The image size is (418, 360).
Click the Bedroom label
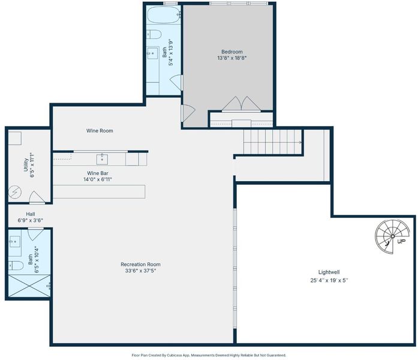click(x=232, y=52)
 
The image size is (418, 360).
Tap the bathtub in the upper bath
click(x=164, y=14)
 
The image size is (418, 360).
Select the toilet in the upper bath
click(x=154, y=34)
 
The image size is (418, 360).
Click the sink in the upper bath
click(x=152, y=53)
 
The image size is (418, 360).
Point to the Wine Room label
click(x=100, y=131)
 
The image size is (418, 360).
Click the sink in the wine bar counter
click(x=102, y=159)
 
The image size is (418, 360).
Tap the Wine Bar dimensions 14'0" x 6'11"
click(x=98, y=179)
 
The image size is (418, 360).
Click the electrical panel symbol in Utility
click(x=14, y=192)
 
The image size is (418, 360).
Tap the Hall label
click(x=31, y=214)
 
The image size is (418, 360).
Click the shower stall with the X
click(x=29, y=286)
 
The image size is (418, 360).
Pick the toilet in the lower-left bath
click(x=16, y=265)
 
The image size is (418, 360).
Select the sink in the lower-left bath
click(x=14, y=242)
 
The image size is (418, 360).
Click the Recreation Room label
click(x=140, y=264)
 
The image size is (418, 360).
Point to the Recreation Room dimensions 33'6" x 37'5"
click(x=140, y=271)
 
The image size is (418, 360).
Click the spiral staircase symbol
click(x=392, y=236)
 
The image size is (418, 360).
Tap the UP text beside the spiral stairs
click(x=401, y=241)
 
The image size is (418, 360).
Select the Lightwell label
click(x=329, y=272)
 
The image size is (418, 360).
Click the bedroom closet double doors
click(x=241, y=103)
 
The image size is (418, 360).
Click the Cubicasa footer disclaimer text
click(x=209, y=355)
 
